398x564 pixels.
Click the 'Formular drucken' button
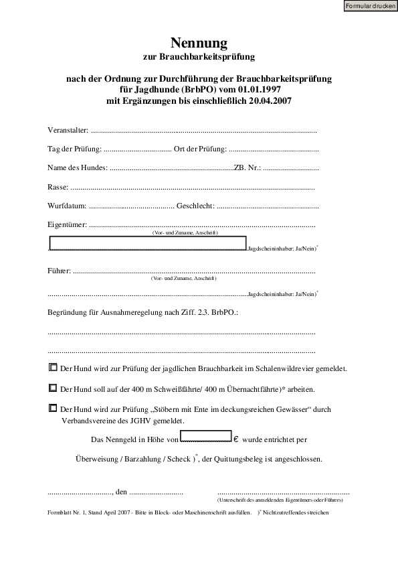pyautogui.click(x=370, y=6)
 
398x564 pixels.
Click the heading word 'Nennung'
pyautogui.click(x=199, y=45)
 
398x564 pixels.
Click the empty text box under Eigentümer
pyautogui.click(x=148, y=242)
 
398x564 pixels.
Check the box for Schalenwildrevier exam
pyautogui.click(x=54, y=368)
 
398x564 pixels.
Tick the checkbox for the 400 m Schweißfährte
pyautogui.click(x=54, y=387)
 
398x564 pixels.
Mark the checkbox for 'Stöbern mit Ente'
pyautogui.click(x=54, y=407)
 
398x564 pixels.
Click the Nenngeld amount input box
pyautogui.click(x=206, y=439)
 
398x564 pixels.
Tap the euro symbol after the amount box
pyautogui.click(x=236, y=440)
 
